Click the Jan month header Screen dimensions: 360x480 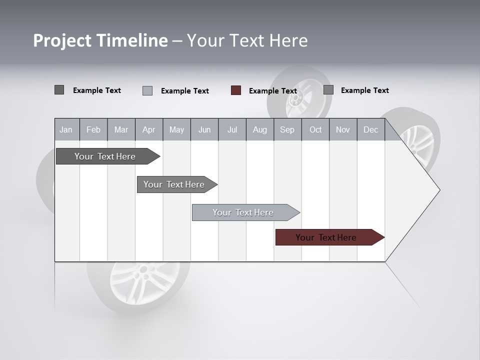pos(66,129)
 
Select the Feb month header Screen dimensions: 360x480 pos(93,129)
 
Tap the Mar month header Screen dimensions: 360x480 pos(121,129)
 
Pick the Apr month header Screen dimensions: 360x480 pos(148,129)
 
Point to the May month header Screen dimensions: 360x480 pos(176,129)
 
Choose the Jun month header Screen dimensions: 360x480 pos(204,129)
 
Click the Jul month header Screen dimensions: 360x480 pos(232,129)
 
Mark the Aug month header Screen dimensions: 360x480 pos(260,129)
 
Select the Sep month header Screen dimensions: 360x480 pos(287,129)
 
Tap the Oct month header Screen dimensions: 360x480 pos(315,129)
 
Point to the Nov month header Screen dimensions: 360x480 pos(343,129)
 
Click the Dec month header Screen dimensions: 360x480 pos(371,129)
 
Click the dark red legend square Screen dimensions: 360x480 pos(236,90)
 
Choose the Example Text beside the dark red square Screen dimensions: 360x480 pos(273,91)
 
